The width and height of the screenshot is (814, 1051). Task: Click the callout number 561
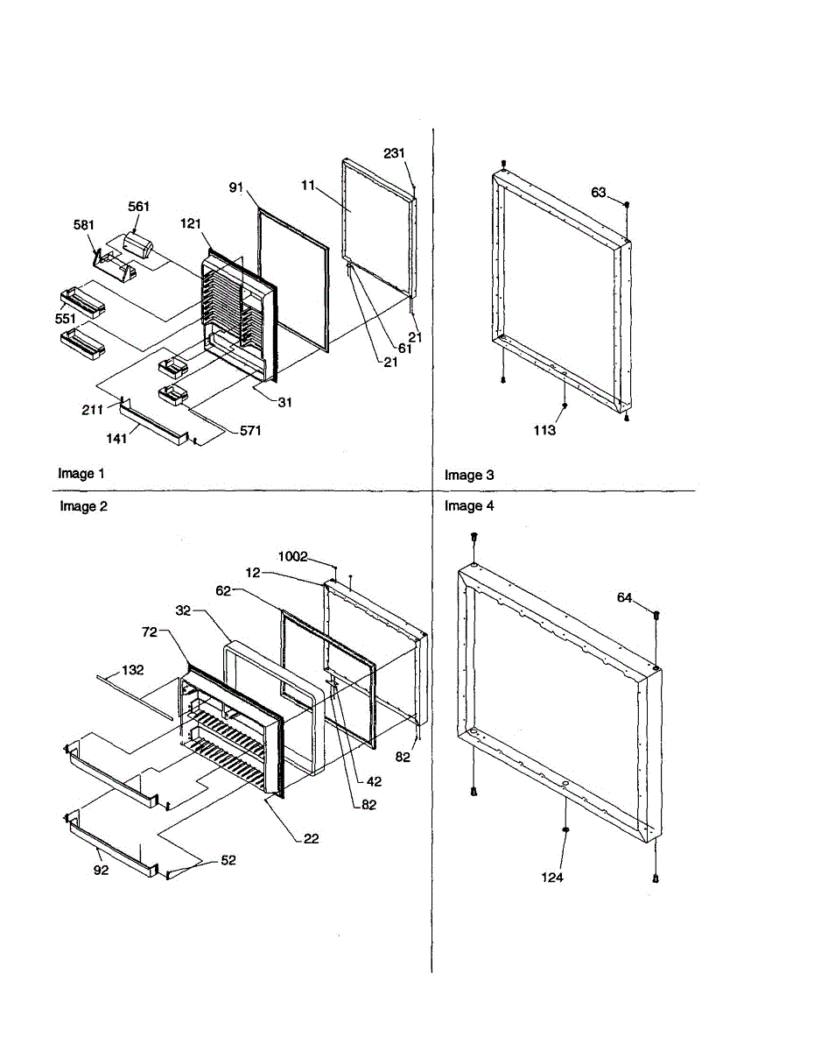(x=138, y=207)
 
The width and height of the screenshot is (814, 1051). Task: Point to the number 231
(x=394, y=152)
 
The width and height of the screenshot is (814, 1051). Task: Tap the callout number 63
(x=599, y=193)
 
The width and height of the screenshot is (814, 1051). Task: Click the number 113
(x=544, y=430)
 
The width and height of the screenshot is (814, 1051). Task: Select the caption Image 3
(x=469, y=476)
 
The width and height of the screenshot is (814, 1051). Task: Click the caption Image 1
(x=81, y=474)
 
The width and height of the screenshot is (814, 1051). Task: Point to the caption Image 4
(x=469, y=506)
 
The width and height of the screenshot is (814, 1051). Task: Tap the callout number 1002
(x=293, y=556)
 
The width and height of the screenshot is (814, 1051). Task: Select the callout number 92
(x=102, y=871)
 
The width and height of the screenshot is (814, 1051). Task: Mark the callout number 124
(x=552, y=877)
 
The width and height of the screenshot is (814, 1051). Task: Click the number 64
(x=624, y=598)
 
